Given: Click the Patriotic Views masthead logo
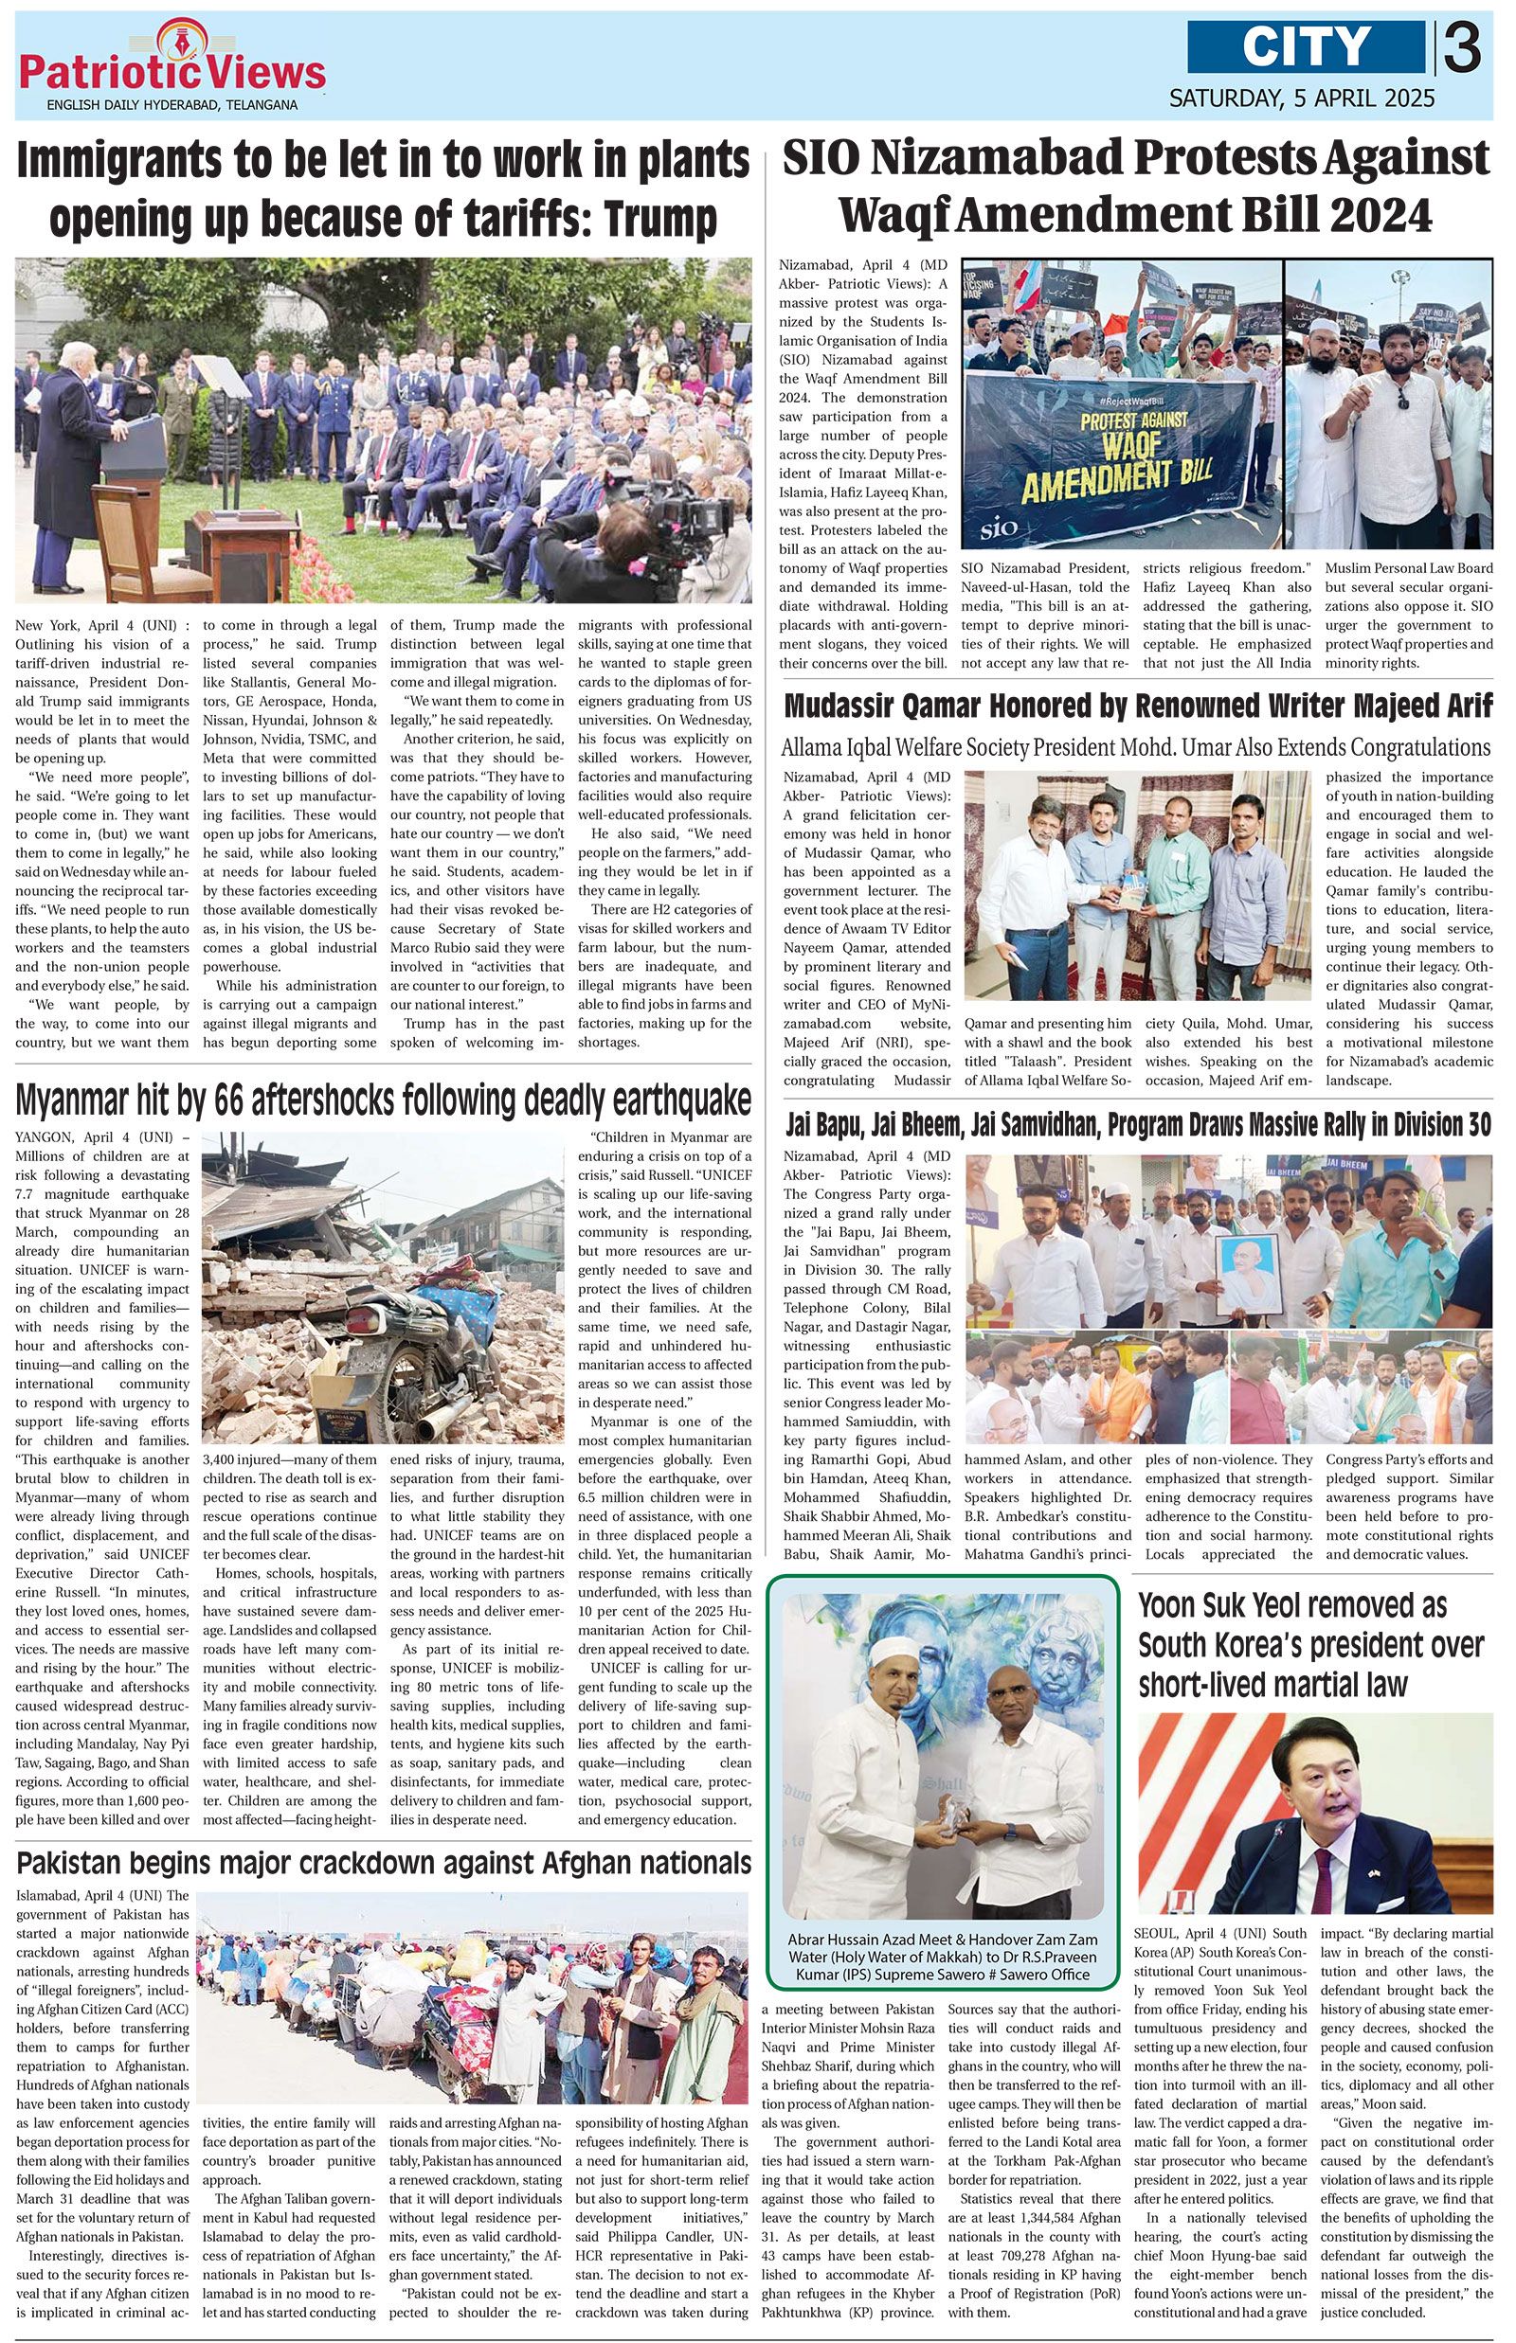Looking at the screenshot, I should (172, 69).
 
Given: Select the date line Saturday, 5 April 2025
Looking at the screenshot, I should (1302, 98).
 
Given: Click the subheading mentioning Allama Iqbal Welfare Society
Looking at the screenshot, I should (1136, 747).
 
